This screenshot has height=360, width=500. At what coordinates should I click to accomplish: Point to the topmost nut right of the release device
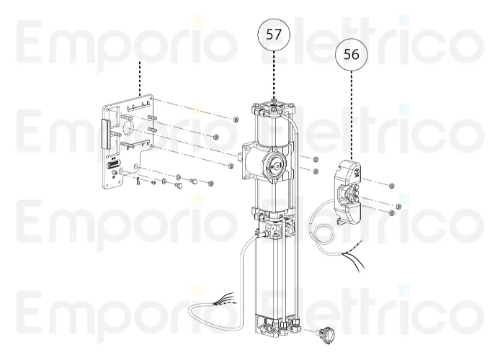click(x=391, y=186)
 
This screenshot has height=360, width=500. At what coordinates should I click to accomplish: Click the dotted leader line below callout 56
click(x=352, y=115)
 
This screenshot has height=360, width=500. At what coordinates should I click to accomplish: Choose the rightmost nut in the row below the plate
click(x=209, y=184)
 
